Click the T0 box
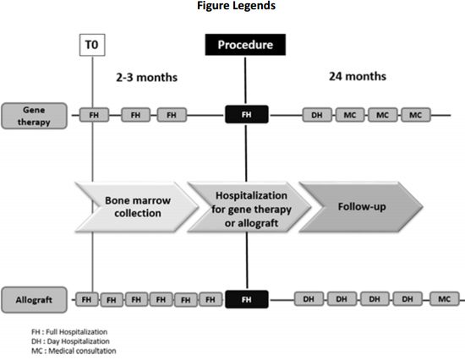[92, 45]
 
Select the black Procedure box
[245, 45]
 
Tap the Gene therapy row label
[34, 116]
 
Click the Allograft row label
[34, 300]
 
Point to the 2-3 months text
[147, 78]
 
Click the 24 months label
[358, 77]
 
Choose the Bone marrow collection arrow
[136, 207]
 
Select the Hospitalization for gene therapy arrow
[249, 207]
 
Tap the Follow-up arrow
[361, 207]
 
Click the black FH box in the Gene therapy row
[247, 114]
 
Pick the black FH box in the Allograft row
[247, 299]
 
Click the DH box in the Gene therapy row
[317, 115]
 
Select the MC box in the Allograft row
[444, 299]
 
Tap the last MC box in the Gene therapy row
[416, 115]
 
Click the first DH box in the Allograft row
[309, 299]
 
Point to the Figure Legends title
[237, 6]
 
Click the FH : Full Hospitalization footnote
[69, 332]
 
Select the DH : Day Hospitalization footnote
[70, 341]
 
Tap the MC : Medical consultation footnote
[74, 351]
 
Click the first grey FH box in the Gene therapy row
[95, 115]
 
